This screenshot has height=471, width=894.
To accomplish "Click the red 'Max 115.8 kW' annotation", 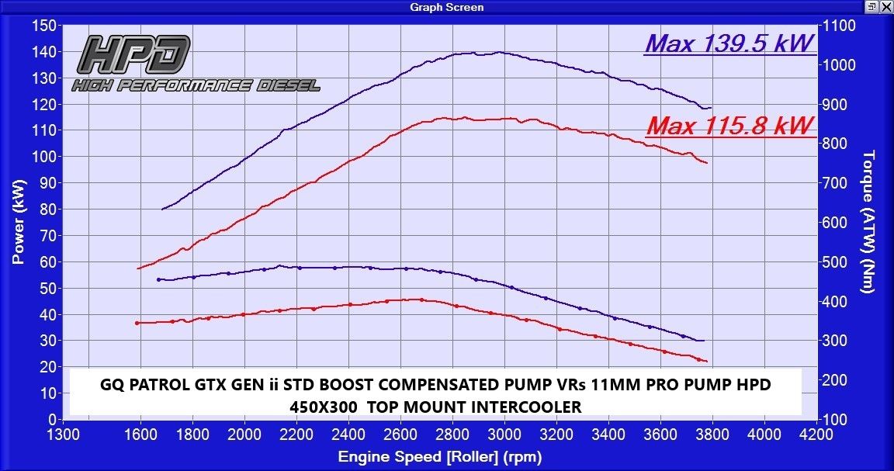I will [x=729, y=124].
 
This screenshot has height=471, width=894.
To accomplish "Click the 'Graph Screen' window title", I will [x=446, y=7].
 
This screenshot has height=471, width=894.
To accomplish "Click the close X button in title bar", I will [x=885, y=7].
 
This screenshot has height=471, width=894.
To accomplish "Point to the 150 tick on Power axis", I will [x=43, y=26].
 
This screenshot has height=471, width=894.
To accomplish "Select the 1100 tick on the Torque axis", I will [x=839, y=26].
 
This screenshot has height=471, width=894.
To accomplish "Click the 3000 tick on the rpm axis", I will [x=504, y=435].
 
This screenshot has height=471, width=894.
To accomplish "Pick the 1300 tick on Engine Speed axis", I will [x=64, y=435].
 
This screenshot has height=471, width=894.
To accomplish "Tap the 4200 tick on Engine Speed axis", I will [x=815, y=435].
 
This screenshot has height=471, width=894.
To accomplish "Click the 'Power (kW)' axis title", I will [x=18, y=223].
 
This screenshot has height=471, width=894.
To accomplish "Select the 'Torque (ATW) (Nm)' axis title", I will [x=868, y=221].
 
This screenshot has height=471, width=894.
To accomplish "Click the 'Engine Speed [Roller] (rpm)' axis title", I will [x=439, y=457].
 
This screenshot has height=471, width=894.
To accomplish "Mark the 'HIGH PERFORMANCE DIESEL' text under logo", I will [x=196, y=85].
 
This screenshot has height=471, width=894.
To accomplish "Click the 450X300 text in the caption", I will [x=324, y=406].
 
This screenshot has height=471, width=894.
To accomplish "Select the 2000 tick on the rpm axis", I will [x=245, y=435].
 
